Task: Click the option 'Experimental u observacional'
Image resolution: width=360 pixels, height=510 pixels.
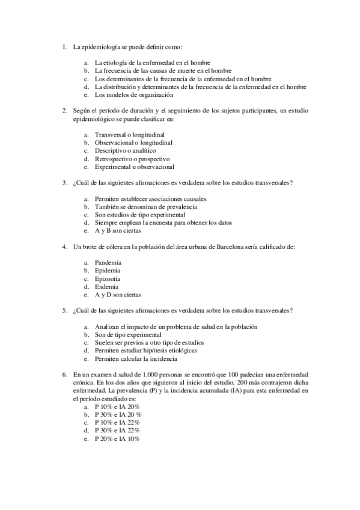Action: pos(134,167)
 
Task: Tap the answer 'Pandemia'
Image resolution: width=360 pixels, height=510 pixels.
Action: pos(108,263)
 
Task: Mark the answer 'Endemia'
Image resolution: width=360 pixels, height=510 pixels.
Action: pos(107,287)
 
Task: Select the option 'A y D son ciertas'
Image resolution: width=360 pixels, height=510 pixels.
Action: pos(118,295)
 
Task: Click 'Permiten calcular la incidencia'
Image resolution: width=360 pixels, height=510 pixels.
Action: pos(136,359)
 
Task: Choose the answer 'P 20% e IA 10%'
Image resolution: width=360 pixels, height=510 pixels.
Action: pos(117,439)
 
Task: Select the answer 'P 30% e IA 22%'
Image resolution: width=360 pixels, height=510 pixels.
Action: pos(117,431)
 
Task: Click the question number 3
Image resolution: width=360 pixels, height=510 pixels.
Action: pos(64,182)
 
